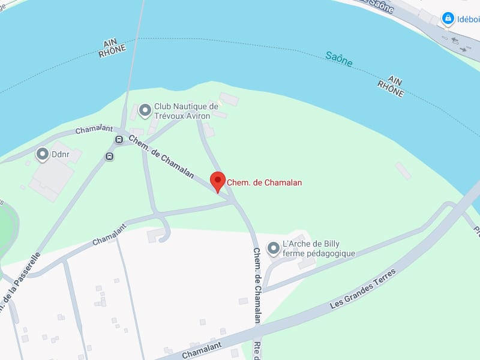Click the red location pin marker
pos(218,181)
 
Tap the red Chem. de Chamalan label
pos(264,182)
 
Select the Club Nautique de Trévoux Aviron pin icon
pos(145,110)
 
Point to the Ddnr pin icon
pos(43,154)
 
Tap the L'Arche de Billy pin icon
pos(274,248)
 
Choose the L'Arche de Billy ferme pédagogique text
pos(319,248)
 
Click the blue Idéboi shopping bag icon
pos(448,19)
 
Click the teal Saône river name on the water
pos(338,58)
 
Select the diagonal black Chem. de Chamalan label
pos(161,156)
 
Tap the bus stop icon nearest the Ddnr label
pos(109,157)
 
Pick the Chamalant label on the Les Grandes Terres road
pos(202,350)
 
